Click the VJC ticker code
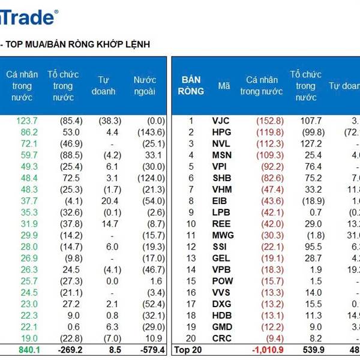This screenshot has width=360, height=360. click(221, 121)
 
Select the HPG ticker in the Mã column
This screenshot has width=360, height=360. click(221, 132)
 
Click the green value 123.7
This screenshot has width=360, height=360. click(26, 121)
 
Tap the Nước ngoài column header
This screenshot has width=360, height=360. click(145, 86)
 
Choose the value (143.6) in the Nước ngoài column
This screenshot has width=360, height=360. click(151, 132)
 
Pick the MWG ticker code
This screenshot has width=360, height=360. click(223, 235)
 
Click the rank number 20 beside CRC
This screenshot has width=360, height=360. click(191, 338)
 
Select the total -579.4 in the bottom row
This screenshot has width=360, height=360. click(149, 349)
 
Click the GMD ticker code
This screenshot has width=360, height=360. click(222, 326)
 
